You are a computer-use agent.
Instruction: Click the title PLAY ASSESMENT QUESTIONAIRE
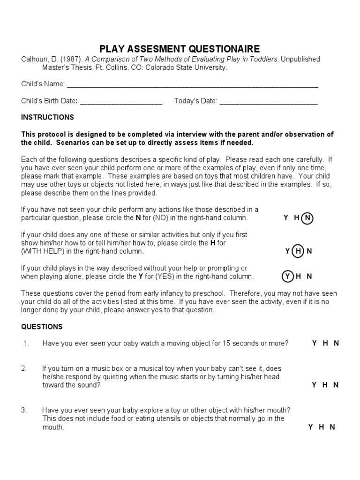click(x=180, y=49)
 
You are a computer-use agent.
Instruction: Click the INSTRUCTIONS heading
click(x=47, y=117)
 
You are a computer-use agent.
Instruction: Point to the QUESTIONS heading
click(x=42, y=327)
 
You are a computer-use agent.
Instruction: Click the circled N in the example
click(x=307, y=218)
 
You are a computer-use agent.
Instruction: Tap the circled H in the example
click(x=298, y=251)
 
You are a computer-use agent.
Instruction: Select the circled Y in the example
click(x=287, y=277)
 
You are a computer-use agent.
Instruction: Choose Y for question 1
click(x=315, y=343)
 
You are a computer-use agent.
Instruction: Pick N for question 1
click(x=336, y=343)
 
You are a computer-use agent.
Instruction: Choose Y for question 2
click(x=315, y=385)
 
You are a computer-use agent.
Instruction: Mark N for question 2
click(x=336, y=385)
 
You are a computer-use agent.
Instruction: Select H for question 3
click(x=322, y=427)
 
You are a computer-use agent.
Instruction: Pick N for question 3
click(x=332, y=427)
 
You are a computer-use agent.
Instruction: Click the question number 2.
click(x=24, y=368)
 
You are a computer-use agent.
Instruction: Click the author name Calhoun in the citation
click(x=34, y=60)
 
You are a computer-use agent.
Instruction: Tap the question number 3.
click(x=24, y=410)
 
